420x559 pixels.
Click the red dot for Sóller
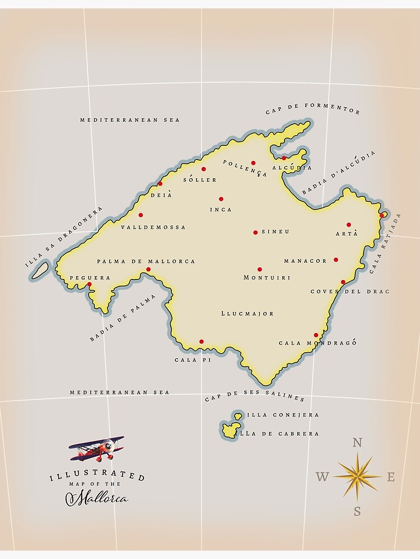[x=203, y=169]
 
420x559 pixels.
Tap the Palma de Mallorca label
[x=146, y=261]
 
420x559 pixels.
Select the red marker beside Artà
[x=348, y=225]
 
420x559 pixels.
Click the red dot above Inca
[x=221, y=199]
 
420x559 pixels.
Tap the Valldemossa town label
[x=153, y=228]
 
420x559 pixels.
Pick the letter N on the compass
[x=357, y=443]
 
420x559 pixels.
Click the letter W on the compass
[x=322, y=477]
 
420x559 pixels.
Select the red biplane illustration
[x=97, y=448]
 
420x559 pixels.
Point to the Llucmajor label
[x=248, y=314]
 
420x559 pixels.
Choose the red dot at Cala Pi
[x=201, y=342]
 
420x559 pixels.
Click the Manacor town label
[x=305, y=261]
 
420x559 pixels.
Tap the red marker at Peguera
[x=89, y=285]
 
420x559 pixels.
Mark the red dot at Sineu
[x=255, y=232]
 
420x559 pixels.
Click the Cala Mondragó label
[x=318, y=343]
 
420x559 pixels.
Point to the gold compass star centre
[x=357, y=476]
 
